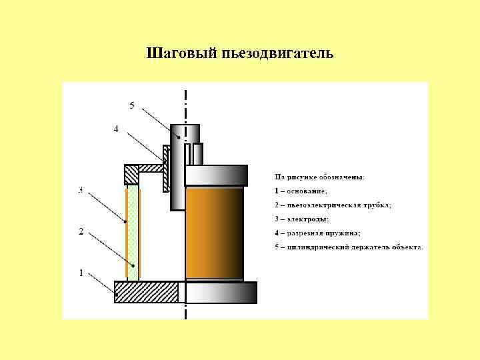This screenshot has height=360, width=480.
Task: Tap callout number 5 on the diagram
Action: [132, 105]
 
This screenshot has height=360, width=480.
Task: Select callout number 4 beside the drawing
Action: [116, 129]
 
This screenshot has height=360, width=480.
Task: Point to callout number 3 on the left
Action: [81, 190]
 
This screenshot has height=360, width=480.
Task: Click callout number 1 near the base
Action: [81, 272]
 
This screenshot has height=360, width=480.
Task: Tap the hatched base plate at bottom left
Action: [146, 292]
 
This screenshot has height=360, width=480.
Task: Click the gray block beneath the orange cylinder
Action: [221, 292]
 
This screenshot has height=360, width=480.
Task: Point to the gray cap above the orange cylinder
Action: [216, 175]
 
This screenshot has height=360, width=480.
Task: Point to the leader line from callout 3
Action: [106, 207]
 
